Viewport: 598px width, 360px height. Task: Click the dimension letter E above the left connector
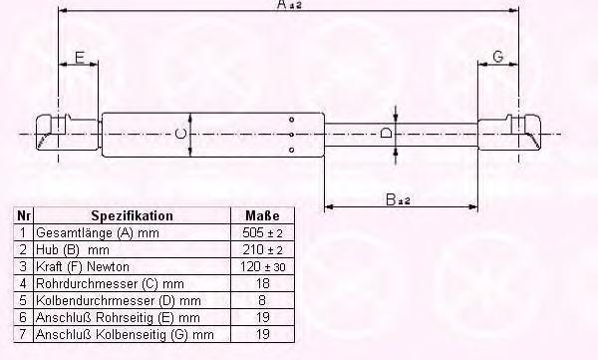coord(80,57)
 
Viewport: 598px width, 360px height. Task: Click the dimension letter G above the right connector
coord(498,57)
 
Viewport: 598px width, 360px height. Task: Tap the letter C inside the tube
coord(180,134)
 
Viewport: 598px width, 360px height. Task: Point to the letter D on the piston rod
coord(386,133)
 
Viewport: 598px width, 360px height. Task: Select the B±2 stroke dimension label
coord(398,199)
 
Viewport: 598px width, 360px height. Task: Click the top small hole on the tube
coord(291,120)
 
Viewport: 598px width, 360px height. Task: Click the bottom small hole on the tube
coord(291,150)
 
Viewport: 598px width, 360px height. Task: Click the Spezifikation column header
coord(132,215)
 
